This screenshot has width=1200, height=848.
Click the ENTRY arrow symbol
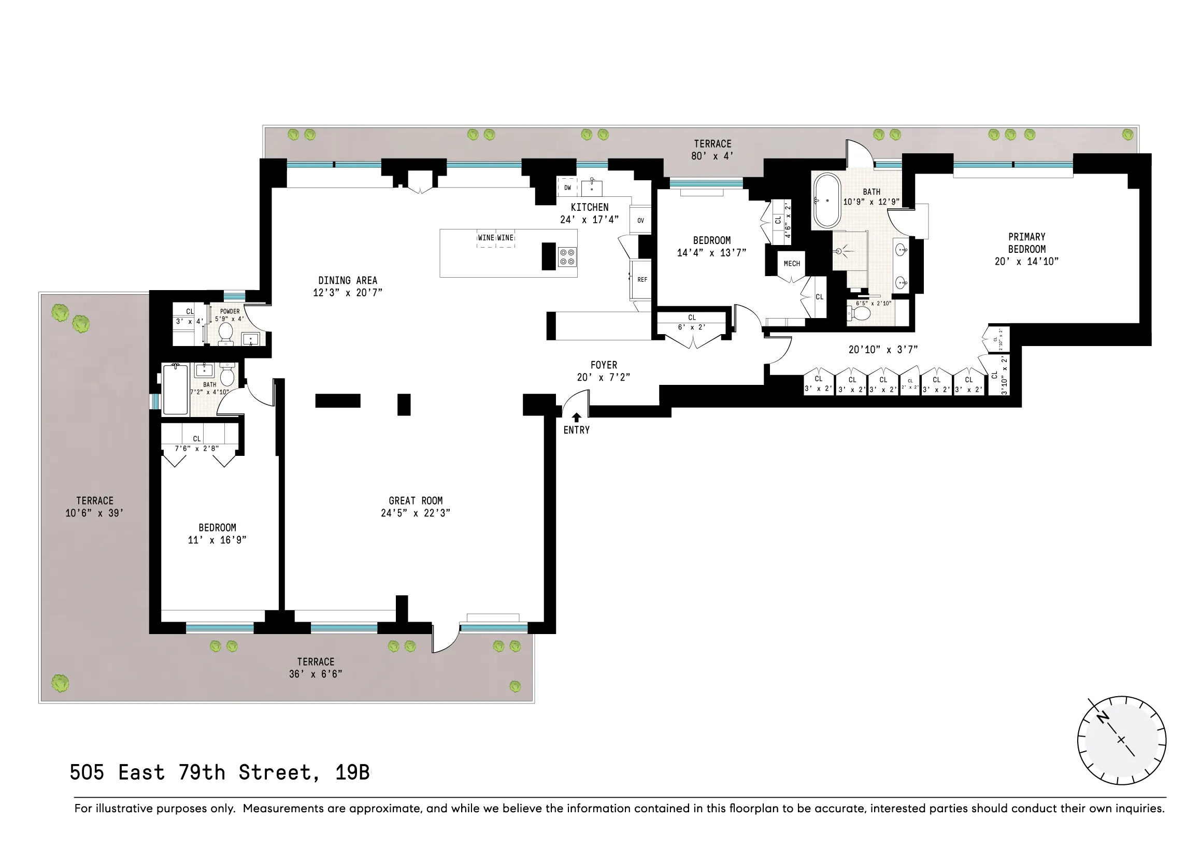click(x=577, y=417)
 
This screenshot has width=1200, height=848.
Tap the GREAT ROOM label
click(x=416, y=500)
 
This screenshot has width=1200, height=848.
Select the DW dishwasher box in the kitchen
click(x=567, y=188)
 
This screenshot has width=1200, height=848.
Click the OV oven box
click(x=640, y=221)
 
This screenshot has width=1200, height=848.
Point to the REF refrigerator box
click(x=642, y=280)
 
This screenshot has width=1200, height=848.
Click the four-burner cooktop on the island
click(x=567, y=256)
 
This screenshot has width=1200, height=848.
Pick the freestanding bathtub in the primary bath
click(x=826, y=200)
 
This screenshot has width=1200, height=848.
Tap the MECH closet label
click(x=792, y=264)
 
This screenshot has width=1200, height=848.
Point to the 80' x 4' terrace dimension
click(x=712, y=156)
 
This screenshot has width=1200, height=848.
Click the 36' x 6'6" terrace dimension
click(x=316, y=674)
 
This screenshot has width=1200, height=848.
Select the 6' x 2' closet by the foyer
click(x=692, y=322)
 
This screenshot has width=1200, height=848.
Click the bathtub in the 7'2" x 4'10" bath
click(x=175, y=390)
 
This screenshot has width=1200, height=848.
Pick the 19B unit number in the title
click(x=352, y=772)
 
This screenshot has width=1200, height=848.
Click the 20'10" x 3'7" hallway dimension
click(x=883, y=350)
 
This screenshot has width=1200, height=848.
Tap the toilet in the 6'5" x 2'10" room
click(x=860, y=313)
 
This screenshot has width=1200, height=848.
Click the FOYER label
click(x=604, y=365)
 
